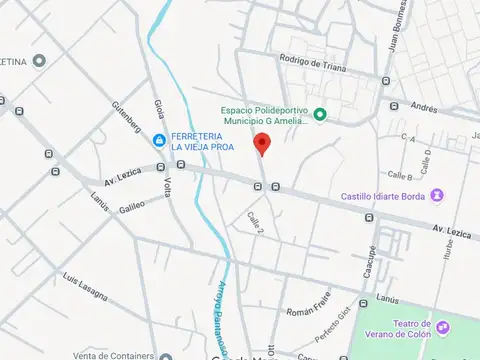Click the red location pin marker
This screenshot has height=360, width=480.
click(x=262, y=144)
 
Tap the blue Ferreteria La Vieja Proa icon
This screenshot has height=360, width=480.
click(x=160, y=140)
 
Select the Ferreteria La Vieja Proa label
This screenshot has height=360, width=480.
click(x=204, y=142)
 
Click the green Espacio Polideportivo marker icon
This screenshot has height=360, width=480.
click(x=320, y=115)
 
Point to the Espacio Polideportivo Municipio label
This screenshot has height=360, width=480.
click(x=263, y=115)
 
